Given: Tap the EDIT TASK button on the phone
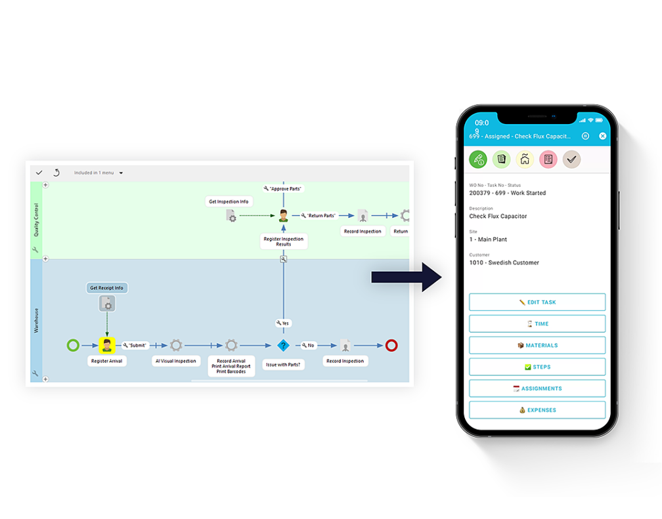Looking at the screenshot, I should click(537, 302).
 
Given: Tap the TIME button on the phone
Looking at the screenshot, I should click(537, 324).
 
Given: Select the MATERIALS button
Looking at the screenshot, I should click(537, 346).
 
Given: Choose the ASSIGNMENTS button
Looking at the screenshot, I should click(537, 388).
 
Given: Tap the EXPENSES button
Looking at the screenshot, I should click(537, 410).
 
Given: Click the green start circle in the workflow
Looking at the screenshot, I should click(73, 345).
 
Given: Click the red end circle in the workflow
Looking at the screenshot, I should click(391, 345).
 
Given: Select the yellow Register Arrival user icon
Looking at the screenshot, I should click(107, 345).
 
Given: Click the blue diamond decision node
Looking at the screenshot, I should click(283, 345).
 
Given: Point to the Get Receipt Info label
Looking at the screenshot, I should click(106, 287).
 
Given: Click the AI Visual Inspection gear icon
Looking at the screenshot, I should click(176, 345).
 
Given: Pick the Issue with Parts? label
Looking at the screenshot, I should click(284, 364).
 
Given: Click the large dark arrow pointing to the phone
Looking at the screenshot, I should click(405, 277).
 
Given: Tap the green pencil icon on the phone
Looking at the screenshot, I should click(478, 159).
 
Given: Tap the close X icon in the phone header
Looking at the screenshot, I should click(602, 136).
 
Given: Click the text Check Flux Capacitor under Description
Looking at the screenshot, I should click(498, 216).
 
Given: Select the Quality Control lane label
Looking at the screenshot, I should click(36, 219).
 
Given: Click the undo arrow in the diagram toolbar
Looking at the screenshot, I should click(56, 173).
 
